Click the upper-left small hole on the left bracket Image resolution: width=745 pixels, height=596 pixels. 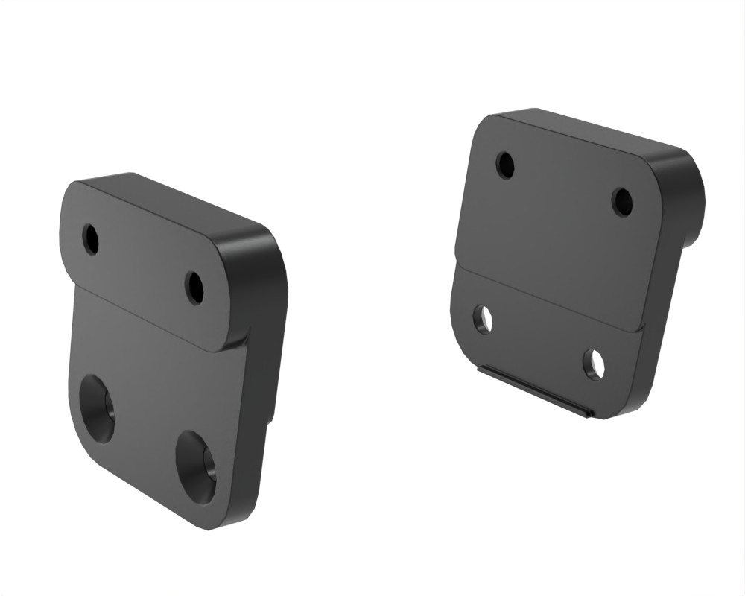(x=91, y=239)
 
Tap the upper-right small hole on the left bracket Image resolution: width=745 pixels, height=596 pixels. (x=194, y=288)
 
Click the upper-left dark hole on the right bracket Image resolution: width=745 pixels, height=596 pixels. (x=506, y=165)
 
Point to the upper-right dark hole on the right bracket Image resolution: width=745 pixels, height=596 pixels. (x=622, y=201)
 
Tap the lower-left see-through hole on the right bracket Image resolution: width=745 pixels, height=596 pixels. (x=484, y=319)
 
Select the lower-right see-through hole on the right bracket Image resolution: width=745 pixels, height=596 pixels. (x=594, y=364)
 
